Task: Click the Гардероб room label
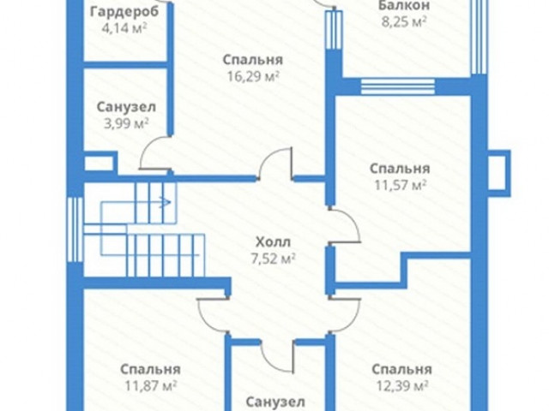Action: click(124, 12)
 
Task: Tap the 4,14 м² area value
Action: click(124, 28)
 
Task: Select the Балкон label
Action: click(404, 6)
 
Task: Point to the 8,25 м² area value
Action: click(404, 21)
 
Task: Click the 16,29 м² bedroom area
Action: click(253, 76)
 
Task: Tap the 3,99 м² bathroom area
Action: click(126, 123)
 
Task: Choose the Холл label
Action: click(273, 241)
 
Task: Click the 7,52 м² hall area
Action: click(273, 259)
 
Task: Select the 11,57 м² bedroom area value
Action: click(401, 185)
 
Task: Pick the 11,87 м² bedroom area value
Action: click(151, 385)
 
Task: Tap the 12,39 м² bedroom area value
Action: click(402, 385)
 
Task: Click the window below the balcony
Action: click(398, 86)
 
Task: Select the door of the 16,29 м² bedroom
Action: click(275, 164)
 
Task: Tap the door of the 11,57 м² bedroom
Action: click(345, 225)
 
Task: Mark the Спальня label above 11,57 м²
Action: click(400, 169)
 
